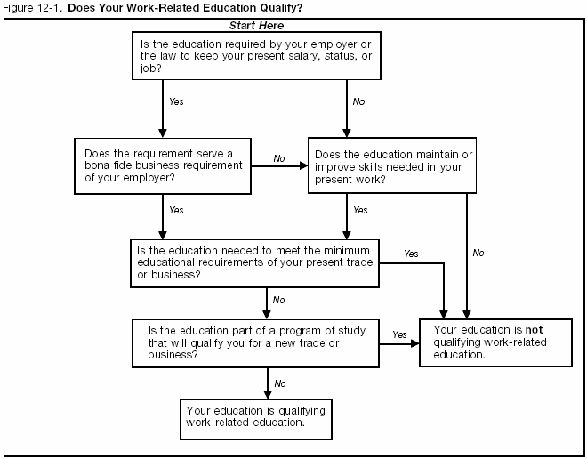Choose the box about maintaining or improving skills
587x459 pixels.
click(x=388, y=166)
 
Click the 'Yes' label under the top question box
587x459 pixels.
click(x=176, y=102)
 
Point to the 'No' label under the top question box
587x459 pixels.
click(x=358, y=102)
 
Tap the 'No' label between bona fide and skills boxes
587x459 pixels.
click(x=279, y=158)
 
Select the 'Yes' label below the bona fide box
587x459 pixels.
click(x=176, y=210)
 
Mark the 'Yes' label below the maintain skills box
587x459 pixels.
click(x=359, y=210)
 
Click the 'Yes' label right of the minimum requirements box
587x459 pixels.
click(x=410, y=254)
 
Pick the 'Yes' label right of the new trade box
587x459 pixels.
click(x=399, y=334)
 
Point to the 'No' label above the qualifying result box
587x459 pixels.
click(x=279, y=383)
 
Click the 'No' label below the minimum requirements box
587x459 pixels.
click(x=278, y=300)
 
